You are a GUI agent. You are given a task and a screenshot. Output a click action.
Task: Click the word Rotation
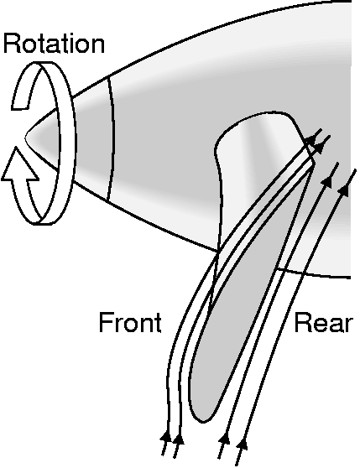click(54, 44)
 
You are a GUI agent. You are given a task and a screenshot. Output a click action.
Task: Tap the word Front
click(130, 323)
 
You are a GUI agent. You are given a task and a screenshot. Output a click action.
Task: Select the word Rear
click(324, 323)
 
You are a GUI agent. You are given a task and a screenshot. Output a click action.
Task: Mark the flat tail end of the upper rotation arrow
click(19, 107)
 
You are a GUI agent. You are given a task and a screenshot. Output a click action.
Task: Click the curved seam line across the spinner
click(112, 138)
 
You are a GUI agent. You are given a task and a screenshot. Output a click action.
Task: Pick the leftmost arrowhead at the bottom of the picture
click(166, 437)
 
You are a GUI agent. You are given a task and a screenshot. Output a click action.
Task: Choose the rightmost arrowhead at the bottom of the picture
click(243, 444)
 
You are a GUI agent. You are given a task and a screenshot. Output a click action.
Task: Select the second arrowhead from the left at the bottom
click(178, 439)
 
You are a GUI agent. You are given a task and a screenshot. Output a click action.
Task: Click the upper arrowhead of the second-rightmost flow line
click(327, 181)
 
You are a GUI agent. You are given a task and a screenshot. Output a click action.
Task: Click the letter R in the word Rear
click(301, 323)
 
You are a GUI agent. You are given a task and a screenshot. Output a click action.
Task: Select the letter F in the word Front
click(105, 322)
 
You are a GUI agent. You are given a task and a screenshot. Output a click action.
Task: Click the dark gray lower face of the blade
click(239, 299)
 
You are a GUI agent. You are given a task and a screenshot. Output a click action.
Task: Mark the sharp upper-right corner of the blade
click(314, 162)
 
